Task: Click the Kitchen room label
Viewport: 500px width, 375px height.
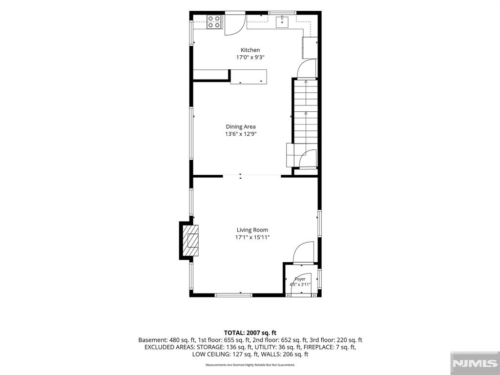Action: [x=250, y=50]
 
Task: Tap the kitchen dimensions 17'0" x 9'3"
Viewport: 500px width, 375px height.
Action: [x=250, y=58]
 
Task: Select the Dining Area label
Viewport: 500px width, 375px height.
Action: [x=241, y=126]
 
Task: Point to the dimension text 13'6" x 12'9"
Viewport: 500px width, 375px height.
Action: [x=241, y=134]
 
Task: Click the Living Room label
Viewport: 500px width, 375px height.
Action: [x=252, y=230]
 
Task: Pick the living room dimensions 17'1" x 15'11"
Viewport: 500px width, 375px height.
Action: [x=252, y=238]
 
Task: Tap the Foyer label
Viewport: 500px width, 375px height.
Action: [x=300, y=279]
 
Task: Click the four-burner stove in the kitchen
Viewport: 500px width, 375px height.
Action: [x=214, y=22]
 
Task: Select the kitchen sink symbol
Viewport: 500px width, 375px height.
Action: [x=282, y=21]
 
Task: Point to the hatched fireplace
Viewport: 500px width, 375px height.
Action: [x=190, y=240]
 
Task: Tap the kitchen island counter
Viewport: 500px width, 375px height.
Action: [x=249, y=77]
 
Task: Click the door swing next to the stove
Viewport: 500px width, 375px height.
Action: [x=235, y=24]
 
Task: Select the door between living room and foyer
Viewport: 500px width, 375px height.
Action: [x=303, y=253]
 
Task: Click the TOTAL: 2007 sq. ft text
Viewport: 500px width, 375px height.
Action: [x=250, y=333]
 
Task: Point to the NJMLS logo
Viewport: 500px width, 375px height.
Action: [x=475, y=363]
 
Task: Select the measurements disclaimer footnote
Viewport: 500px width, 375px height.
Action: [x=250, y=365]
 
